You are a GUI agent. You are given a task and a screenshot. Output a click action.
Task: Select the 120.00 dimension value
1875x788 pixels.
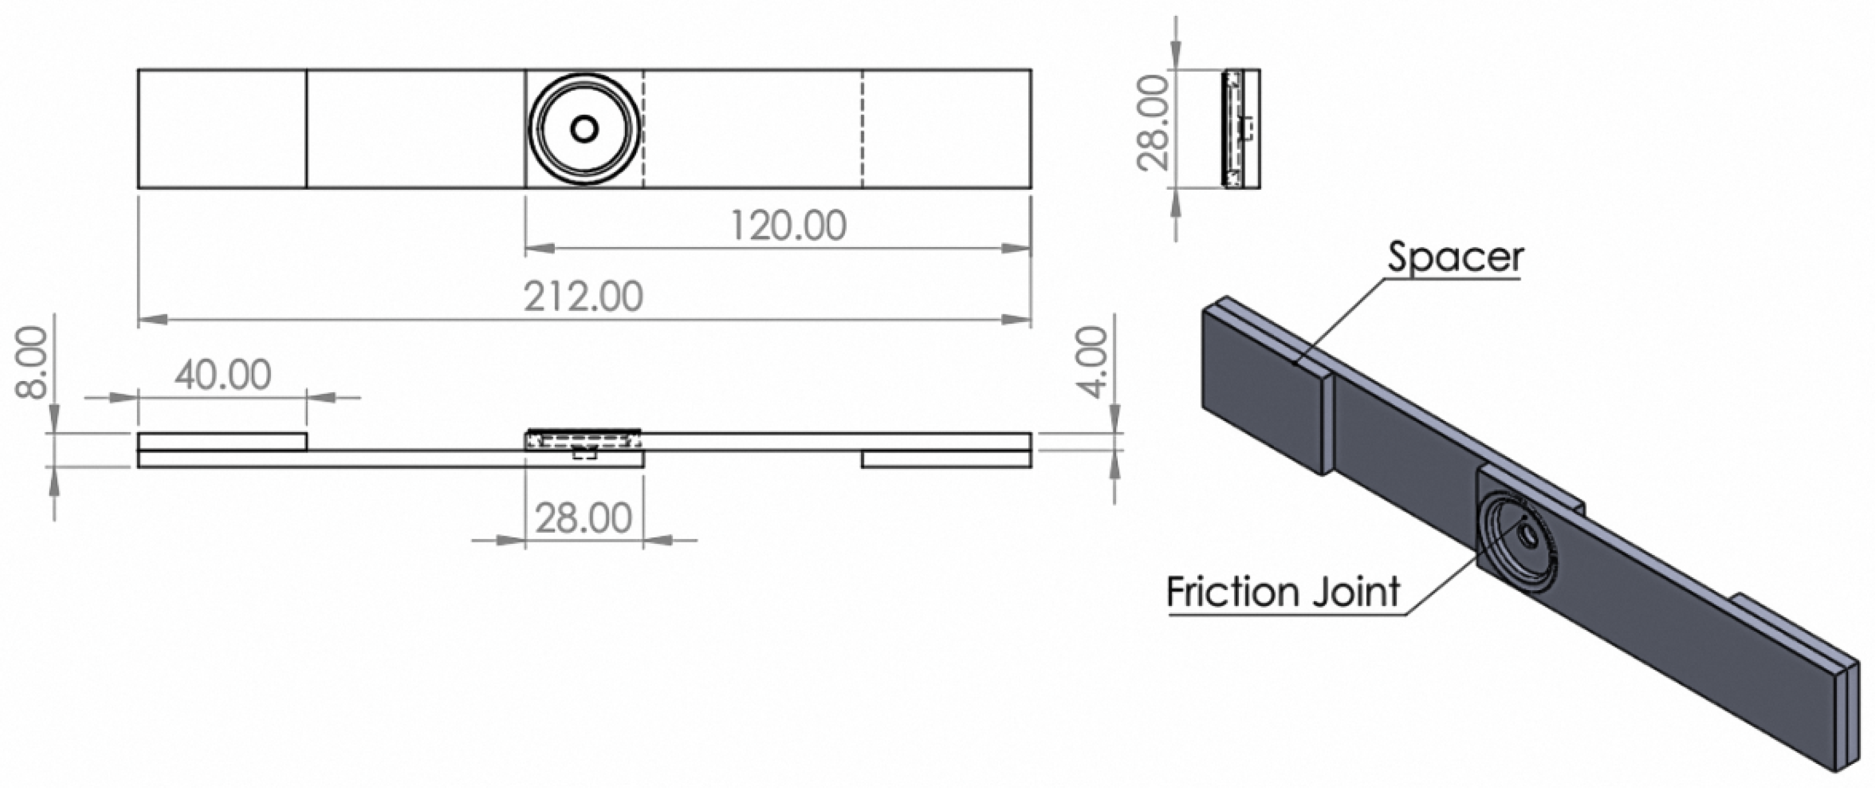tap(788, 226)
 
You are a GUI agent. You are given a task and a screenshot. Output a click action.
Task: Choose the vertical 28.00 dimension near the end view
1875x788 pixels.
tap(1153, 123)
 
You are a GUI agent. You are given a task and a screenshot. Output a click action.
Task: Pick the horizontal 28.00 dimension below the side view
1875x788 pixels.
tap(584, 519)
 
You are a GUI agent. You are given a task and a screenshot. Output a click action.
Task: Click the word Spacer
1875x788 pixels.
tap(1454, 257)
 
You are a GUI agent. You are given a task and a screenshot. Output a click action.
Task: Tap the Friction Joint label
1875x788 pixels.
tap(1283, 591)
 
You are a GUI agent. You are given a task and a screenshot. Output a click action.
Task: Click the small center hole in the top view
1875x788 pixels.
tap(584, 129)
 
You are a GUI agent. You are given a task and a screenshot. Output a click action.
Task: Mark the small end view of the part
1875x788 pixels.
tap(1242, 129)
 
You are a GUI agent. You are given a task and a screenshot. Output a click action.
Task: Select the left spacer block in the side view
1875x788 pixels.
tap(222, 441)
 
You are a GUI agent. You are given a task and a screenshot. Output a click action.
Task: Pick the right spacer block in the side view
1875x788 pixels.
tap(946, 459)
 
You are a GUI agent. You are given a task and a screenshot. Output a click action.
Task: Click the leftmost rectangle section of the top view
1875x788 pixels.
tap(222, 129)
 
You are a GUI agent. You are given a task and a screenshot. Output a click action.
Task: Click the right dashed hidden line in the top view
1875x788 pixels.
tap(863, 129)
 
